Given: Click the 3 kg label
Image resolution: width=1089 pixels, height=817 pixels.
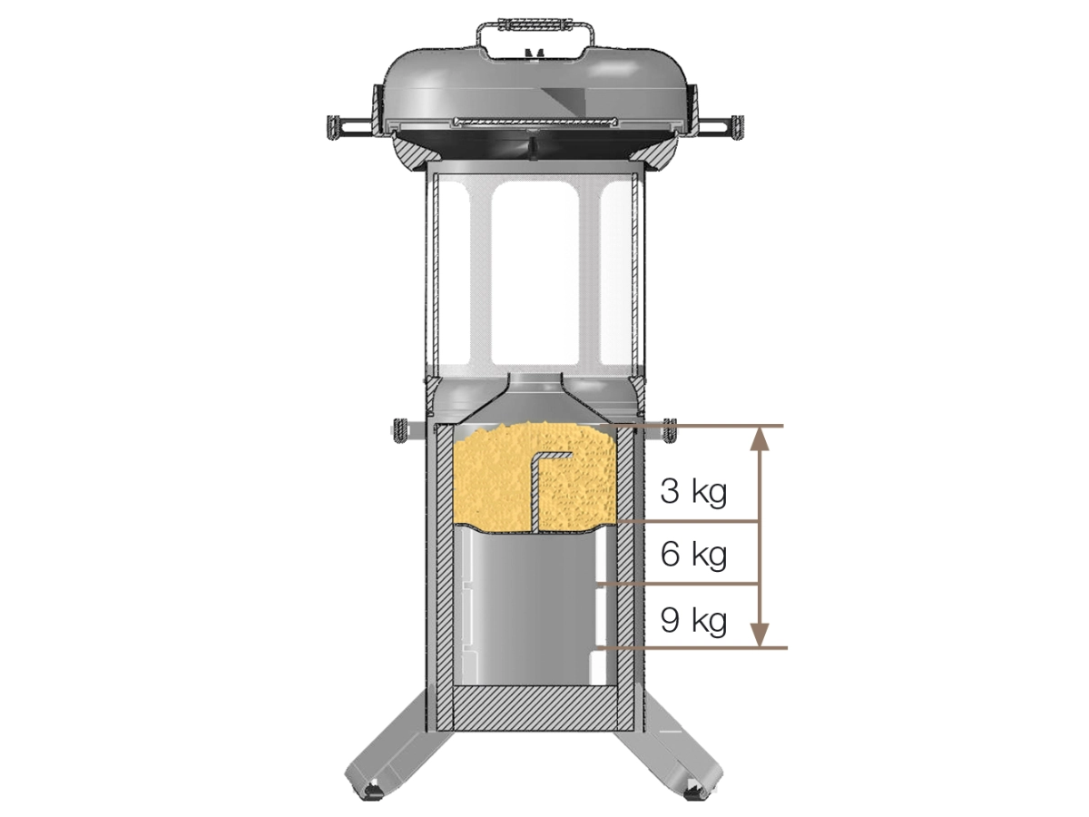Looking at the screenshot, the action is pos(693,491).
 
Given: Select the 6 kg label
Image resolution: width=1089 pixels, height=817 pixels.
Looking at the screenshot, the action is pos(693,554).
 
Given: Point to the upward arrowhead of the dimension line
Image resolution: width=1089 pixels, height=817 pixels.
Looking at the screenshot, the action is pos(759,438).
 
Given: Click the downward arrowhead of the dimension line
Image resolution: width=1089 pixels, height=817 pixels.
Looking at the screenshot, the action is pos(759,635).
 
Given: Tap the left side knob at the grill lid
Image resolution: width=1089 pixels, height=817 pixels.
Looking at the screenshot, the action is pos(333,126).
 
